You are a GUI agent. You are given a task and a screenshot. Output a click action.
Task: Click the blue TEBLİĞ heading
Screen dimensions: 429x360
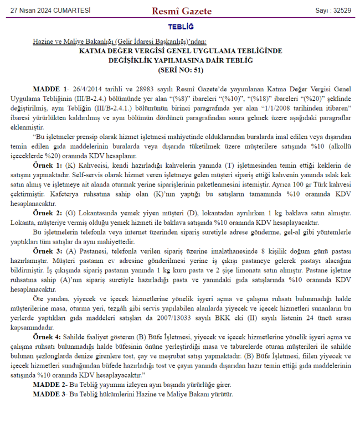click(181, 27)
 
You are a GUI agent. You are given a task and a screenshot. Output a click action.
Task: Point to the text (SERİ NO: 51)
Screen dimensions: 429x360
click(181, 70)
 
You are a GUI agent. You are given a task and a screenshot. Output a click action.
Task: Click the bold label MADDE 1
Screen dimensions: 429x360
click(50, 89)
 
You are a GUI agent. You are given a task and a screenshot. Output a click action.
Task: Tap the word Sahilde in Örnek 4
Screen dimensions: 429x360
click(76, 337)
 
